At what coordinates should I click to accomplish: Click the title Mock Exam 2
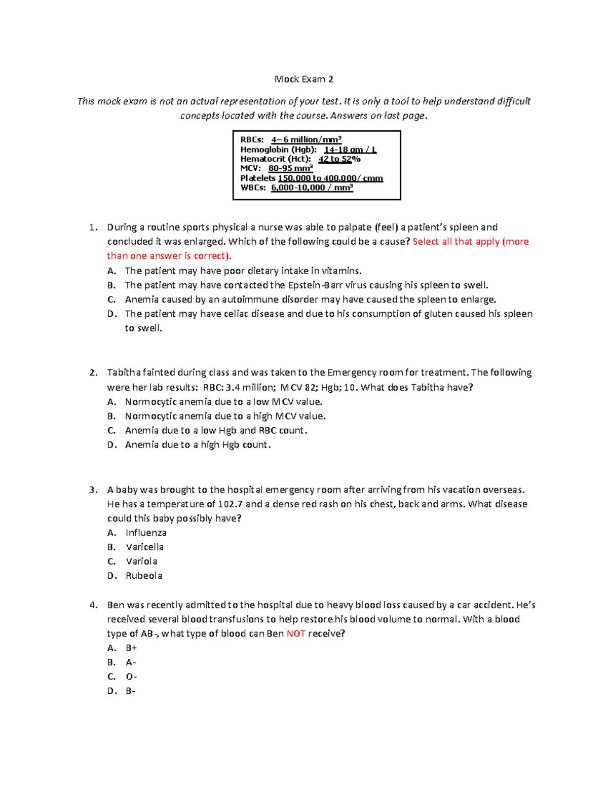pos(303,79)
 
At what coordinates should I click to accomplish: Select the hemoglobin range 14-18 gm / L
pos(350,149)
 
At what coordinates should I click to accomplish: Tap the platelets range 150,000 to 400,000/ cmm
pos(330,178)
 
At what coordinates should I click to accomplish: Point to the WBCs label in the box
pos(253,188)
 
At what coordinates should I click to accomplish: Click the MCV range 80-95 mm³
pos(290,168)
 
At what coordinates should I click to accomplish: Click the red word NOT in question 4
pos(296,633)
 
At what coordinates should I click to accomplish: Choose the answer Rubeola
pos(144,576)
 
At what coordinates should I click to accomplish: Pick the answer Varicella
pos(144,547)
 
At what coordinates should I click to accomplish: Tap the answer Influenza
pos(146,533)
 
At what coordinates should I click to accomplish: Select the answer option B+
pos(131,648)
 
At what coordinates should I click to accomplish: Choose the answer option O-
pos(131,677)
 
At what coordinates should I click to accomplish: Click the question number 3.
pos(93,490)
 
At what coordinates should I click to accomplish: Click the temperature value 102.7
pos(231,504)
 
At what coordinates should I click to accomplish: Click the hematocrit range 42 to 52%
pos(339,159)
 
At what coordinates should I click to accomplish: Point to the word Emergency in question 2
pos(350,372)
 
